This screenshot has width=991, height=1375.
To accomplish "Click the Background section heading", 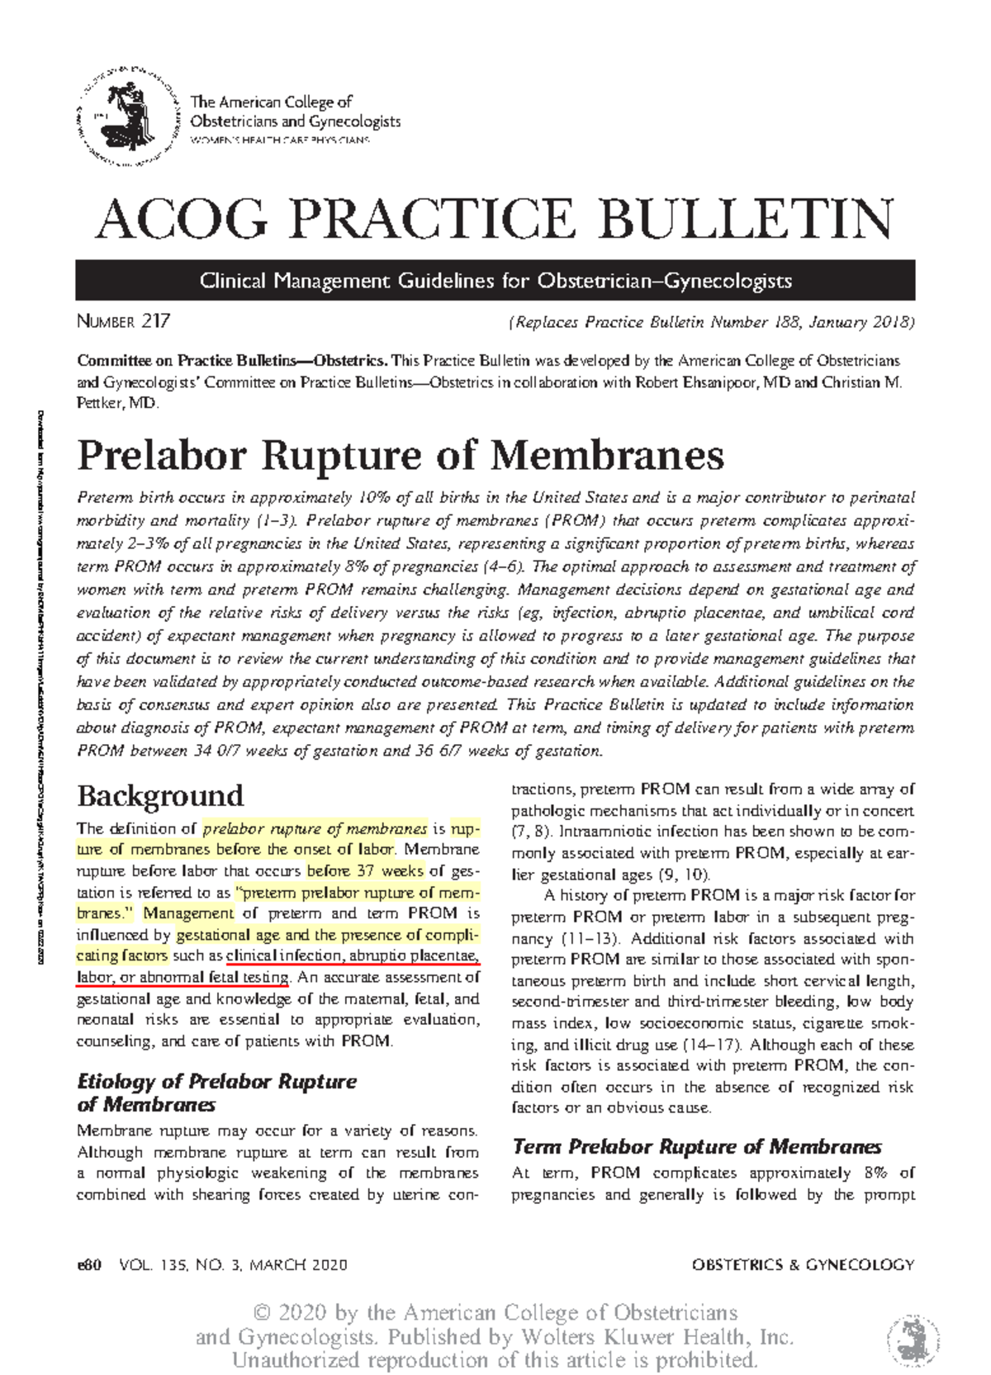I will (x=160, y=795).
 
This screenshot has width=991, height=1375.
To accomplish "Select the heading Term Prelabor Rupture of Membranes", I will (x=696, y=1146).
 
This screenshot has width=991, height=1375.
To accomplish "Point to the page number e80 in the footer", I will (x=88, y=1264).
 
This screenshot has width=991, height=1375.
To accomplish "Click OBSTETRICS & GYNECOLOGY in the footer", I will (x=803, y=1264).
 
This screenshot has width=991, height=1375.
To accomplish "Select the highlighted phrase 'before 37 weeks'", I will (x=364, y=870).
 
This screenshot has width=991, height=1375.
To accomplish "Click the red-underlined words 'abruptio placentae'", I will (x=412, y=956).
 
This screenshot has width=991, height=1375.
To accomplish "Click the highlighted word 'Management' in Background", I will (x=188, y=913).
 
